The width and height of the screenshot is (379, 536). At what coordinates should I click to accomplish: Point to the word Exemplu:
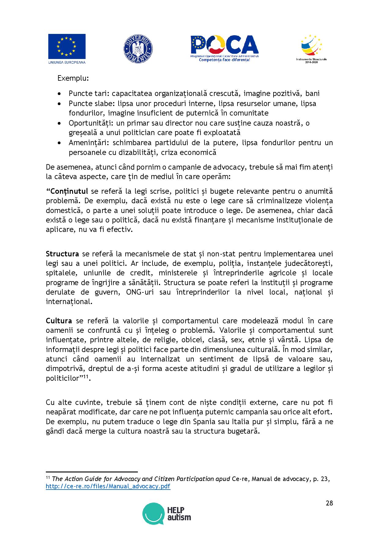(73, 78)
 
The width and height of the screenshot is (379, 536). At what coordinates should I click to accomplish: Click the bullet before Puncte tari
(60, 94)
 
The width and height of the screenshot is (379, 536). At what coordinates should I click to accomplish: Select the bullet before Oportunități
(60, 123)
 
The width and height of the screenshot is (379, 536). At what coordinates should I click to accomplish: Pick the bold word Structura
(62, 254)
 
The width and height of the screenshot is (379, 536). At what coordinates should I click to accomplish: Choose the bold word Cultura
(59, 321)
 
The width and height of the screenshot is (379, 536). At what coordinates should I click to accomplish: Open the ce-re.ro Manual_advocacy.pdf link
(108, 486)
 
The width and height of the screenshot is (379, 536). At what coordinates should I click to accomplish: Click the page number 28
(329, 503)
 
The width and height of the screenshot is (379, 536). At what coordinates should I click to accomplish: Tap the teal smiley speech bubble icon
(153, 514)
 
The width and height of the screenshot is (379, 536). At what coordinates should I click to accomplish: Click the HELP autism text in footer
(179, 514)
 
